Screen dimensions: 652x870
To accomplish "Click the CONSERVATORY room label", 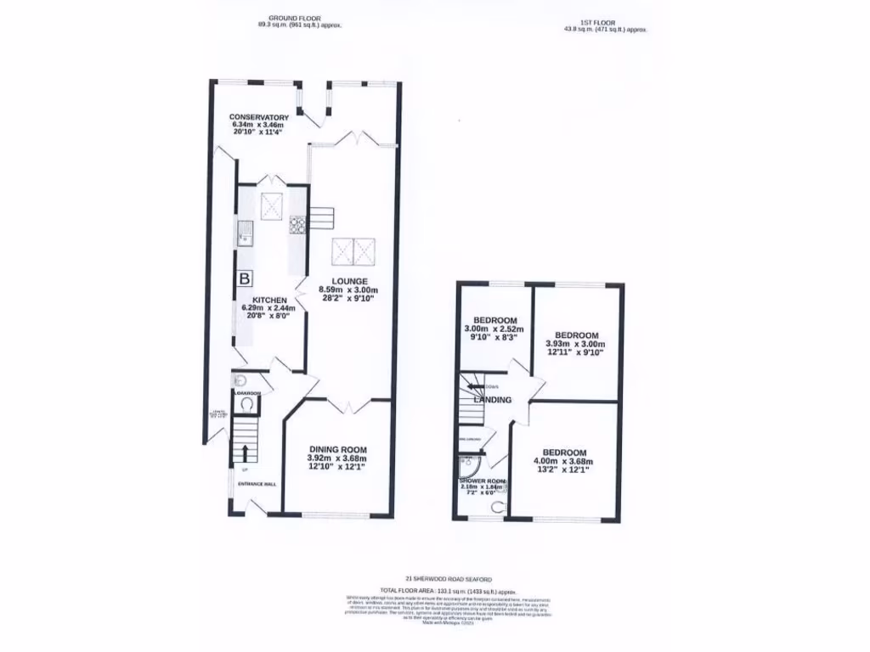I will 259,117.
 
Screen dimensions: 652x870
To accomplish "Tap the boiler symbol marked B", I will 246,278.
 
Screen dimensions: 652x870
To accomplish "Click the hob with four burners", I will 297,225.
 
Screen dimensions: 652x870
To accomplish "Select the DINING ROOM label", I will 337,450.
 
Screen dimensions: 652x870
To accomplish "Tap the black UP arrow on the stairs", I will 246,452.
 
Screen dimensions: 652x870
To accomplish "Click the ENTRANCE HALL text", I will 256,484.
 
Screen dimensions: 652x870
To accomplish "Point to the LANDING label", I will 493,400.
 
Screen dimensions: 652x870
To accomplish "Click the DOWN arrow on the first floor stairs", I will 472,386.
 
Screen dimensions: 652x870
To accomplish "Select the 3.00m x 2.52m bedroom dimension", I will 494,329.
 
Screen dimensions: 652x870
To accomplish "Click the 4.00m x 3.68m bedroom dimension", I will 563,460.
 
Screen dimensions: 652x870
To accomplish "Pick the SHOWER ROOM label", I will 483,481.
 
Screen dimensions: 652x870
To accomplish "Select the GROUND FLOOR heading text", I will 292,18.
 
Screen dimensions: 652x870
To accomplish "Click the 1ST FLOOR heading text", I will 604,21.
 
